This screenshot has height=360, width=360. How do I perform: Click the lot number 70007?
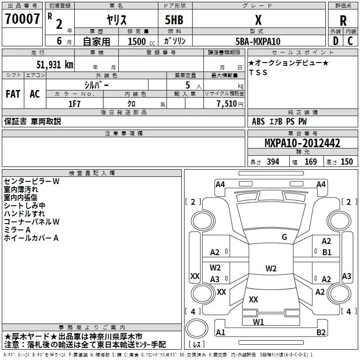pos(22,19)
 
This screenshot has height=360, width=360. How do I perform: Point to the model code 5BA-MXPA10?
pos(258,41)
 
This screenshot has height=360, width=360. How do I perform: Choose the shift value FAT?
pos(13,94)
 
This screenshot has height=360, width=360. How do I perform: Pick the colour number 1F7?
pos(74,103)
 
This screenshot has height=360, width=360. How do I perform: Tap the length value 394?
pos(272,162)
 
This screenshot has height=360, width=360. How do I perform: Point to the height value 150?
pos(346,162)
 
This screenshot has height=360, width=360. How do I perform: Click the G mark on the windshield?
pos(284,237)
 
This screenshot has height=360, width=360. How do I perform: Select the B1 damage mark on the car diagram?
pos(327,252)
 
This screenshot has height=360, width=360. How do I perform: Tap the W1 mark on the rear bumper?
pos(258,322)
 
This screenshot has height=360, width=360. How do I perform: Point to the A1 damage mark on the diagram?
pos(220,333)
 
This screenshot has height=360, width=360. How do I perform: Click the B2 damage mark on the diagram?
pos(321,333)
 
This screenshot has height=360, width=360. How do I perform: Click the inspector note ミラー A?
pos(17,230)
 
